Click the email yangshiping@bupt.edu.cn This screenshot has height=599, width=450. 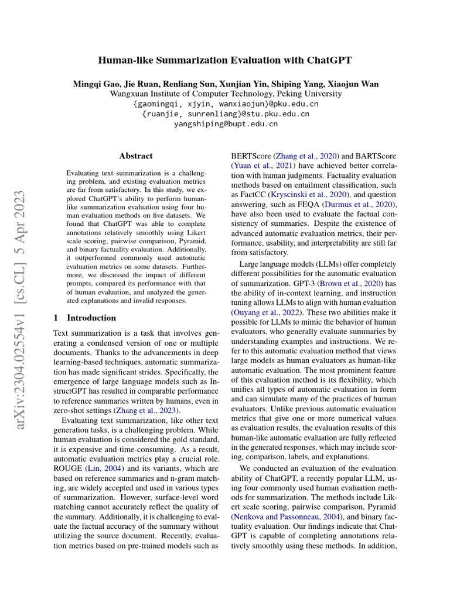pyautogui.click(x=226, y=124)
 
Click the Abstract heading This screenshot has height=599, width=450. pyautogui.click(x=136, y=156)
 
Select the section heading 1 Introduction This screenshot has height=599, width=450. pyautogui.click(x=84, y=318)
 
